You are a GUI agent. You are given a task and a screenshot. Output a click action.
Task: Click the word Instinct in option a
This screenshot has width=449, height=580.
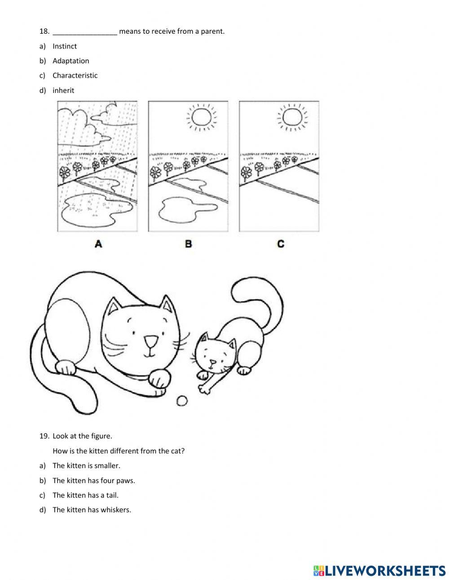(65, 46)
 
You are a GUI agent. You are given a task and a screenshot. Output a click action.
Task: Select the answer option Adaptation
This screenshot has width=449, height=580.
(70, 61)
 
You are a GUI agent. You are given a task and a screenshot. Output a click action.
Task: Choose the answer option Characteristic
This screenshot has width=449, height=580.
(75, 75)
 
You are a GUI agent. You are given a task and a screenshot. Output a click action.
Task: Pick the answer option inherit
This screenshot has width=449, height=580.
(63, 90)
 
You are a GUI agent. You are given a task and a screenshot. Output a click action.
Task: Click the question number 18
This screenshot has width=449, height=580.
(44, 31)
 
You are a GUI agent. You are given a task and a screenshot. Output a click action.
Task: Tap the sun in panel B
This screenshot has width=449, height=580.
(201, 117)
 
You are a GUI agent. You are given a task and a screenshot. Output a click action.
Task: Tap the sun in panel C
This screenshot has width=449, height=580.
(292, 117)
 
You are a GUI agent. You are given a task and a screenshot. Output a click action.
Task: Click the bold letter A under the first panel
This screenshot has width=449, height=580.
(98, 244)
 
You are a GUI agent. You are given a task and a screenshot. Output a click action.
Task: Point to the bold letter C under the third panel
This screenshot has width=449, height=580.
(280, 244)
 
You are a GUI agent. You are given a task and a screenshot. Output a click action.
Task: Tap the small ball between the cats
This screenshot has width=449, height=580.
(182, 401)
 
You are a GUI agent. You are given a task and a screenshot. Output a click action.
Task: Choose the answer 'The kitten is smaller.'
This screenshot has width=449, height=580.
(86, 466)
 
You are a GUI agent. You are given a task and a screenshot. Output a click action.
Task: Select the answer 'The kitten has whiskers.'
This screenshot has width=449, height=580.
(92, 510)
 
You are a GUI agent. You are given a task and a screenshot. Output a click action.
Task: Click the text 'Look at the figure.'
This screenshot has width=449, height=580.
(82, 436)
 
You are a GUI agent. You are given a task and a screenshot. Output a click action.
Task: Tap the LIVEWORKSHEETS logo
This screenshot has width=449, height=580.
(379, 571)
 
